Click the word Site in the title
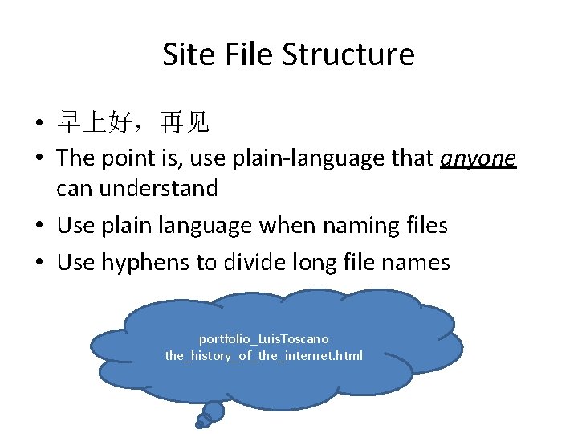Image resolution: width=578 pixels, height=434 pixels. [x=183, y=55]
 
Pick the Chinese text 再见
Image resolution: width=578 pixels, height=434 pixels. [x=185, y=123]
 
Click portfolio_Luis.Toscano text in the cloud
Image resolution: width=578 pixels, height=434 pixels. [x=264, y=339]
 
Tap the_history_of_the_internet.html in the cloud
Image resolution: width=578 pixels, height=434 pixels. [x=264, y=355]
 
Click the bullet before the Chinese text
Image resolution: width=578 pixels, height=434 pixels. [x=39, y=124]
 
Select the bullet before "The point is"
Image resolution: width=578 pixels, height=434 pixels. [x=39, y=160]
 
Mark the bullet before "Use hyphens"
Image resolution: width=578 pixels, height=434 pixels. [x=39, y=263]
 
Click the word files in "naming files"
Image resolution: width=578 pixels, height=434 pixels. [x=424, y=226]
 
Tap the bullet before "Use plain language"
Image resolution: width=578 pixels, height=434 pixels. [x=39, y=227]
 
